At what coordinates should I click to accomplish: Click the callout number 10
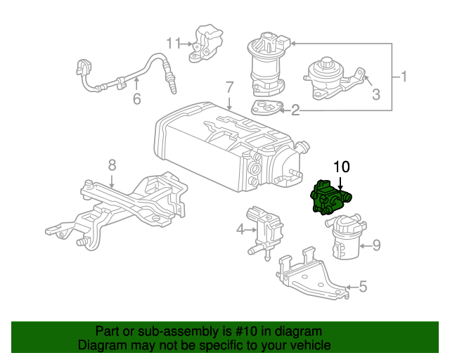341,167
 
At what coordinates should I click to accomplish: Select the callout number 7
229,87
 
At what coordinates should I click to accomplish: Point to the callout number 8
112,166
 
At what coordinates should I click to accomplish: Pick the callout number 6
137,98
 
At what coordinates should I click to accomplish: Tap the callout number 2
295,110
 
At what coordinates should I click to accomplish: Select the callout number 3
376,94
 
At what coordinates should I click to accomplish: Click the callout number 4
240,229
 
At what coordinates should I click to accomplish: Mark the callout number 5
363,286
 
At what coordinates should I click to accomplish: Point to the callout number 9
376,245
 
